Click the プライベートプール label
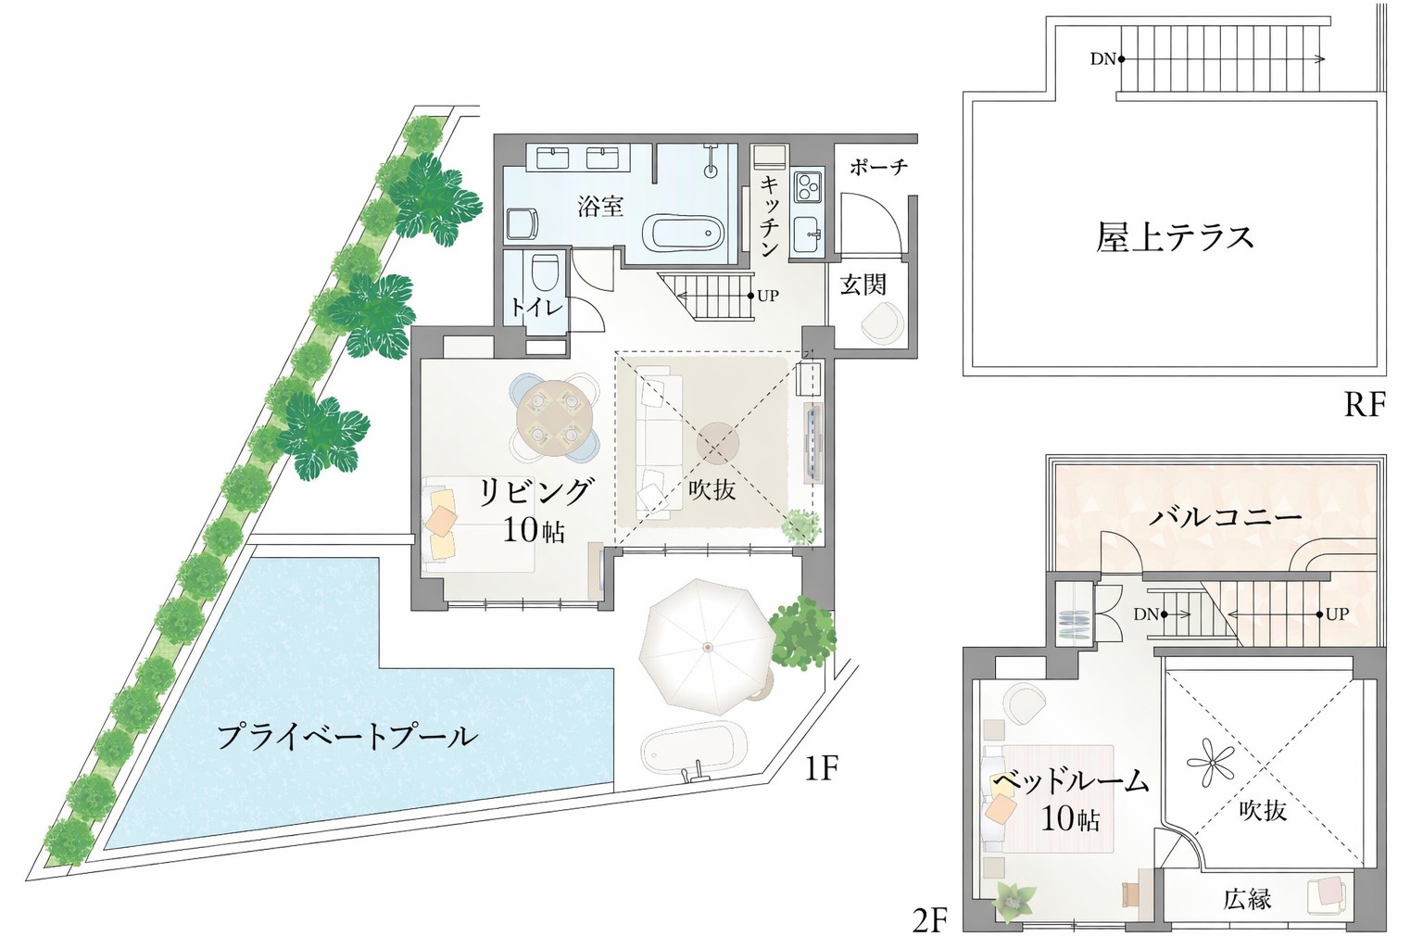coord(347,738)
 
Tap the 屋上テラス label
coord(1175,237)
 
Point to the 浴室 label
coord(600,206)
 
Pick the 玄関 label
coord(863,285)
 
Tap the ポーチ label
coord(878,168)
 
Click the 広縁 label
coord(1246,898)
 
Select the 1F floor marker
coord(820,768)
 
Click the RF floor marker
coord(1364,405)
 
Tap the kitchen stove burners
coord(807,185)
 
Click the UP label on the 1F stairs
coord(767,297)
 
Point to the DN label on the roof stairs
coord(1102,59)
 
